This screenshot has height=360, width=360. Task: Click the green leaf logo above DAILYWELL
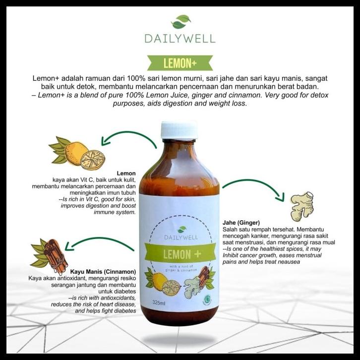[x=180, y=22]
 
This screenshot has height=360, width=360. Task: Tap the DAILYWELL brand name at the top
[x=180, y=38]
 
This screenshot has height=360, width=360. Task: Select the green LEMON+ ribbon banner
[x=180, y=62]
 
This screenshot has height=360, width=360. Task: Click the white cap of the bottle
[x=179, y=129]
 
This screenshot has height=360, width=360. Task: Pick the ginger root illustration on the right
[x=302, y=204]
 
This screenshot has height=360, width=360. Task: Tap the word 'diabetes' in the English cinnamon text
[x=121, y=310]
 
